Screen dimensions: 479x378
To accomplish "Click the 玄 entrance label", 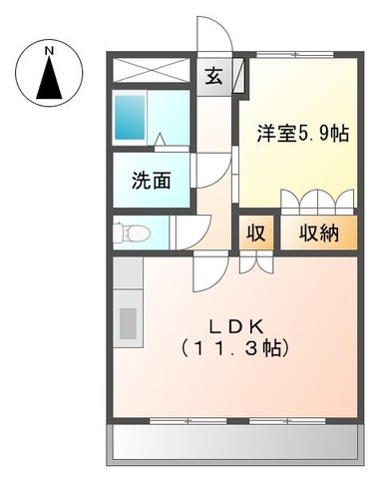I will pyautogui.click(x=214, y=75).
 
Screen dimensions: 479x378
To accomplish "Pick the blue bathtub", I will pyautogui.click(x=131, y=118).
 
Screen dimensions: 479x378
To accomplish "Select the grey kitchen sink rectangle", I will pyautogui.click(x=128, y=323).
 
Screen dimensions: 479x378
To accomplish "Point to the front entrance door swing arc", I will pyautogui.click(x=215, y=36).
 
